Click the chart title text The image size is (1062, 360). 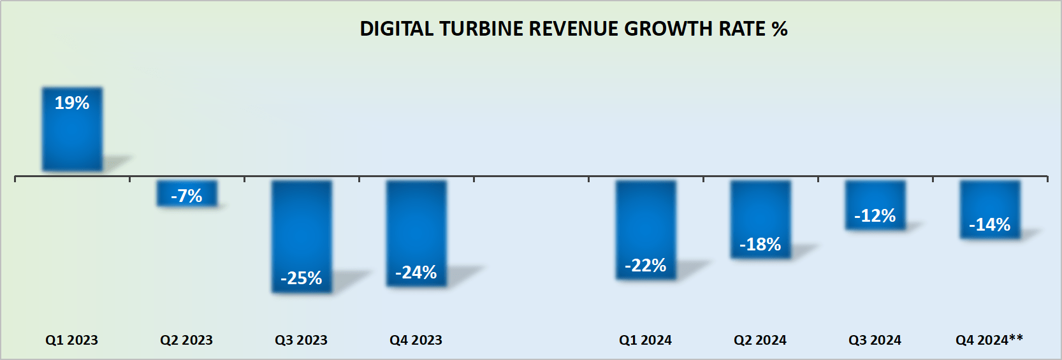click(573, 29)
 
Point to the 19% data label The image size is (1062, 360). click(72, 103)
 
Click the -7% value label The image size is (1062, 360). click(187, 196)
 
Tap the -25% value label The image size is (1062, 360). click(302, 278)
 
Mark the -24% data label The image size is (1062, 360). click(416, 273)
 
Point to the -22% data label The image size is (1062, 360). click(646, 266)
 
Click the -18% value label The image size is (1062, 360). click(760, 245)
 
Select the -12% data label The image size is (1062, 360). click(875, 216)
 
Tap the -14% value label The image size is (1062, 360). click(990, 225)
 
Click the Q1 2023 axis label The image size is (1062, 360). click(72, 340)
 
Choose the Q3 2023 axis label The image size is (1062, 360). click(302, 340)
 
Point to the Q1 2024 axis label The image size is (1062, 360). click(646, 340)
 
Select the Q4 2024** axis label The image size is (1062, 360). click(989, 340)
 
